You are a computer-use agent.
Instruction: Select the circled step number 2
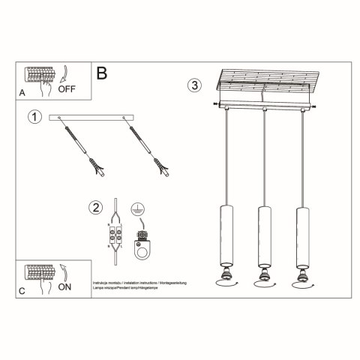(x=94, y=208)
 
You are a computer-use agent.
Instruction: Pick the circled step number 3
(x=195, y=85)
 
